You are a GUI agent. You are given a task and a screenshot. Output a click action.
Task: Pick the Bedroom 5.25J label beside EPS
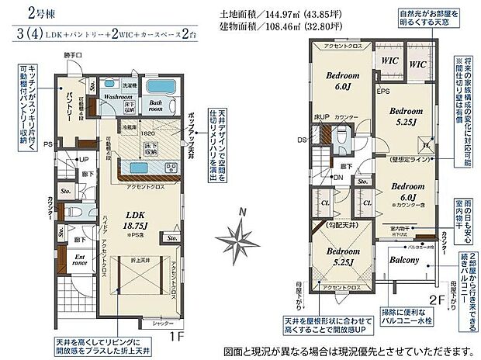coord(405,116)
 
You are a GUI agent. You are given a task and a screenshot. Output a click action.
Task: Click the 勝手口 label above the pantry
coord(74,54)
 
